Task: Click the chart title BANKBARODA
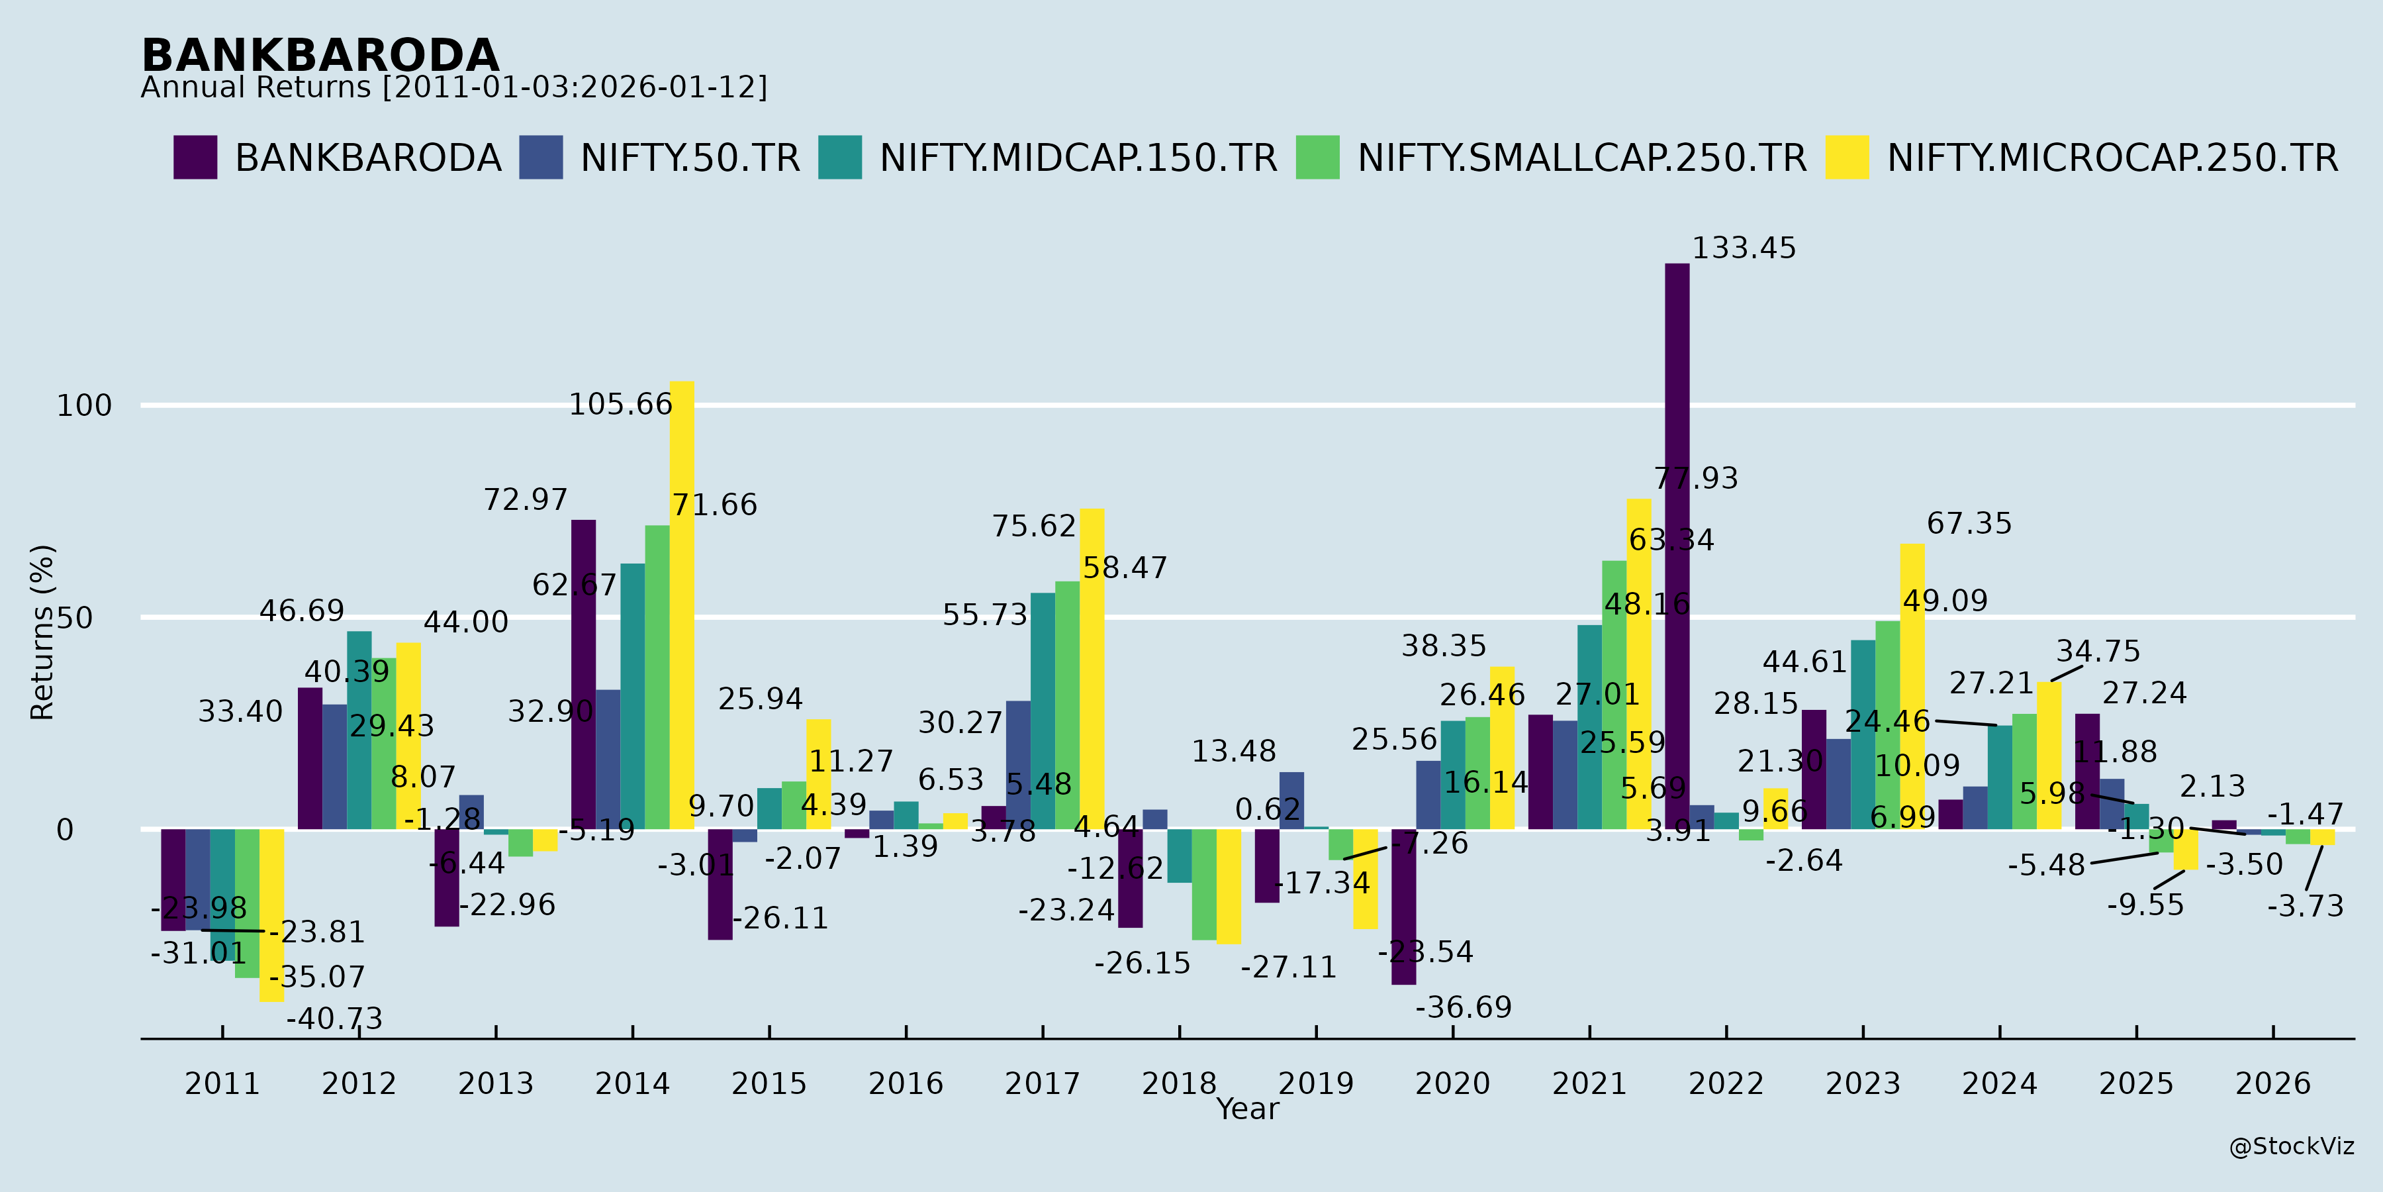[320, 56]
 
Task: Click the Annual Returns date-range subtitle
[453, 88]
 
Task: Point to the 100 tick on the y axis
[84, 405]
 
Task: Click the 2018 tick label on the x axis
[1178, 1083]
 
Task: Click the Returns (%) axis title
[42, 632]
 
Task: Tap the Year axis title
[1247, 1109]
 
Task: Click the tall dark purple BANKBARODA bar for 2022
[1677, 546]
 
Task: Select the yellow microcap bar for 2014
[682, 605]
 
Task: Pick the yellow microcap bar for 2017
[1092, 668]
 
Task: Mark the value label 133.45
[1744, 249]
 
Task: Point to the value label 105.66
[620, 405]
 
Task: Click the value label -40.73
[334, 1019]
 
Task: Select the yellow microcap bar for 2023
[1912, 686]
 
